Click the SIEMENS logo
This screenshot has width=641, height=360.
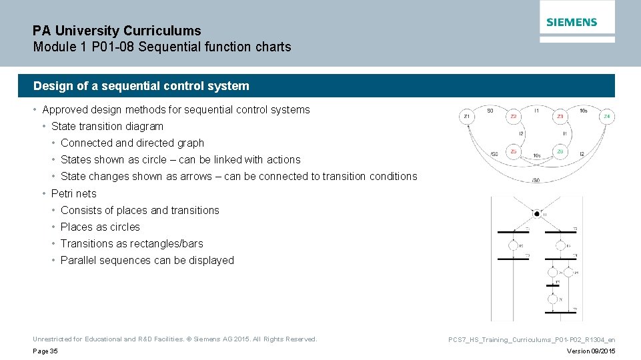pyautogui.click(x=572, y=22)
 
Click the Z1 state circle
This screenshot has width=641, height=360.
pyautogui.click(x=467, y=117)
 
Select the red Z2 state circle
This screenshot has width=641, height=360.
pyautogui.click(x=513, y=117)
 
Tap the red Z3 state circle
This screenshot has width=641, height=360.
pyautogui.click(x=560, y=117)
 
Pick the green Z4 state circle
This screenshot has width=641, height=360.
pyautogui.click(x=606, y=117)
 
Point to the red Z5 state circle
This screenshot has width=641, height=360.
pyautogui.click(x=513, y=152)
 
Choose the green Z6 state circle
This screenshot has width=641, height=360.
pyautogui.click(x=560, y=152)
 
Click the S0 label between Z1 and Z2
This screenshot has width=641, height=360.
pyautogui.click(x=490, y=110)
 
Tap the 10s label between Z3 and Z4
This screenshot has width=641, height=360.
pyautogui.click(x=584, y=110)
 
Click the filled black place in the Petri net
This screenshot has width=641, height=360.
pyautogui.click(x=537, y=214)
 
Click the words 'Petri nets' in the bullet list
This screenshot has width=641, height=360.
pyautogui.click(x=73, y=193)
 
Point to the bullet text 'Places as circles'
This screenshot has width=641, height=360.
pyautogui.click(x=100, y=227)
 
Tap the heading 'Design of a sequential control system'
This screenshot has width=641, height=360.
pyautogui.click(x=141, y=86)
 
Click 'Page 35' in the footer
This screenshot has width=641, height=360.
pyautogui.click(x=45, y=351)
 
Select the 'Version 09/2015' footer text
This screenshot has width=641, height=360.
pyautogui.click(x=590, y=351)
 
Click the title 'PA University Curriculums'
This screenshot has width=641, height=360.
pyautogui.click(x=117, y=31)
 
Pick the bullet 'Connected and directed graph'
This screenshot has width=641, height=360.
pyautogui.click(x=132, y=143)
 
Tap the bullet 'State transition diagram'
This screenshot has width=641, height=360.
pyautogui.click(x=107, y=126)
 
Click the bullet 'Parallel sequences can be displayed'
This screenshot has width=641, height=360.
pyautogui.click(x=147, y=260)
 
